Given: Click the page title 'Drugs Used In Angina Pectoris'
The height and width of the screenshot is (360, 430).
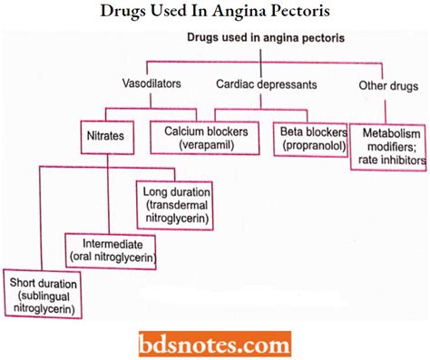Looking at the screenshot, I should pyautogui.click(x=215, y=13).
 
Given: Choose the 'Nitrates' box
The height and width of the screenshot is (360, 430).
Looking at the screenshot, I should pyautogui.click(x=107, y=139).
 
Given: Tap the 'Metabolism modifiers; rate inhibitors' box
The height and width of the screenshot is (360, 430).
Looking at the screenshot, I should pyautogui.click(x=389, y=146).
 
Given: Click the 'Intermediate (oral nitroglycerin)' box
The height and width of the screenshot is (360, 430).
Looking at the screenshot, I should pyautogui.click(x=109, y=251).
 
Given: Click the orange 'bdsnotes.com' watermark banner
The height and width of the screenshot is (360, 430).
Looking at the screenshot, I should pyautogui.click(x=215, y=343).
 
